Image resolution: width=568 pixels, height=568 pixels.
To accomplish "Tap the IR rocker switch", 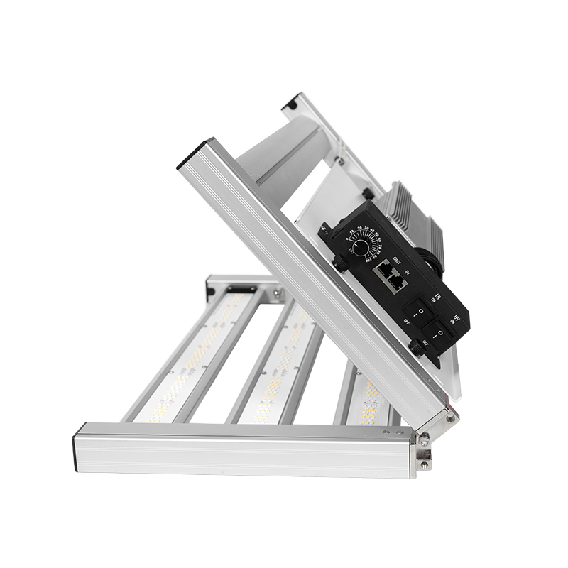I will click(x=419, y=311).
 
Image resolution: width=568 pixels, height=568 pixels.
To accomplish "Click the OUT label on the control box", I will click(x=397, y=258).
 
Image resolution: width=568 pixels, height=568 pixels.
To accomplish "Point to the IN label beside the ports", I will click(x=407, y=271).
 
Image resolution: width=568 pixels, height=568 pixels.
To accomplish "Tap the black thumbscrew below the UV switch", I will click(x=417, y=348).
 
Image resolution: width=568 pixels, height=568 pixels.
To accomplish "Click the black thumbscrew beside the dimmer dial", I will click(x=339, y=264).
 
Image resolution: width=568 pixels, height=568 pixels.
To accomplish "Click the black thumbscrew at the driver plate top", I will click(x=368, y=193).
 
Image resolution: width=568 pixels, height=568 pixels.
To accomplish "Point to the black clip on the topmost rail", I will click(x=291, y=104).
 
